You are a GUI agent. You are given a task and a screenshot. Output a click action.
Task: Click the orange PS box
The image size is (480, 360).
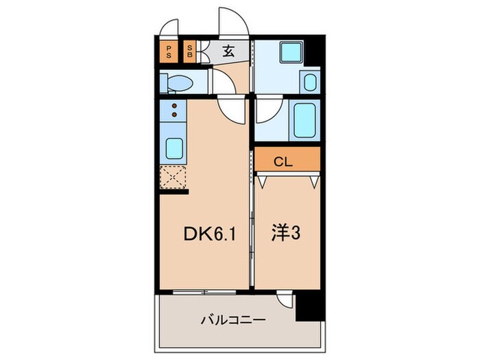(168, 52)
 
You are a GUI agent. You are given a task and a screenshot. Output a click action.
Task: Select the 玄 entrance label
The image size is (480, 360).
(228, 51)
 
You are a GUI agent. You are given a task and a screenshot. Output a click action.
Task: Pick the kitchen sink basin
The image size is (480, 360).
(174, 147)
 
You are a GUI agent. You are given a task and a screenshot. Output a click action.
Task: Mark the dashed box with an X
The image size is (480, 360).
(173, 179)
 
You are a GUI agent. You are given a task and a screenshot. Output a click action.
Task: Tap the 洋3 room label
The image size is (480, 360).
(287, 234)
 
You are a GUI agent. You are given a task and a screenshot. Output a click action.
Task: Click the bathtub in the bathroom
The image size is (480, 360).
(304, 121)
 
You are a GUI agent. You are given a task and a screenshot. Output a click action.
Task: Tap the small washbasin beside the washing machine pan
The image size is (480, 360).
(310, 83)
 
